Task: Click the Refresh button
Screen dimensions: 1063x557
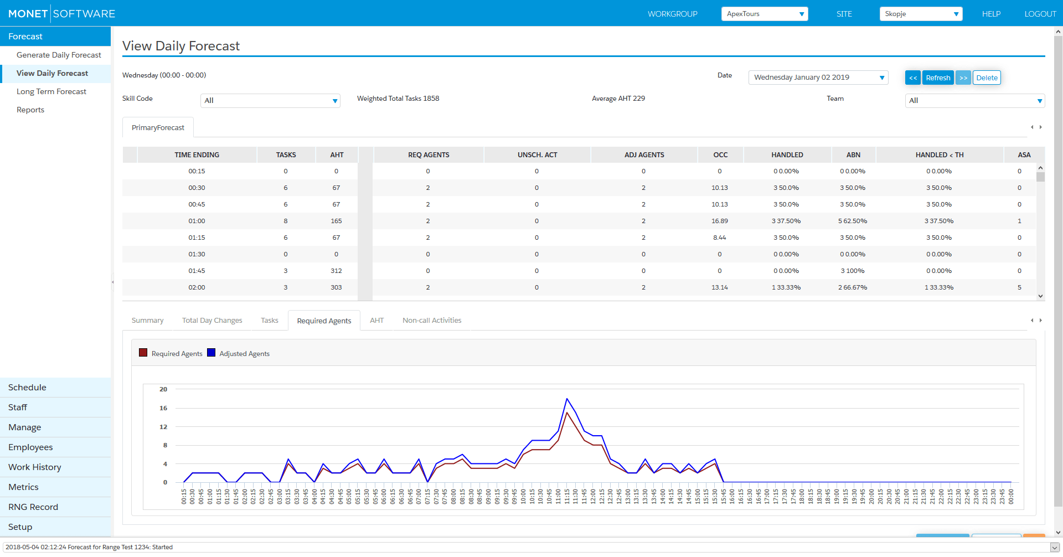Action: click(x=938, y=78)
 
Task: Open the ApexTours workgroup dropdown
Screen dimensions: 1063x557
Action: click(x=765, y=14)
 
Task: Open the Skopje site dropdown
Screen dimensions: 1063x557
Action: click(x=921, y=14)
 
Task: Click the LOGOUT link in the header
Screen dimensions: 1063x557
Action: click(x=1040, y=14)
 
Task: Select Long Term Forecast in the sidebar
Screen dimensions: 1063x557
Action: click(x=51, y=91)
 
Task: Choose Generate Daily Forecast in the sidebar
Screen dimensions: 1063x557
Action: click(x=59, y=55)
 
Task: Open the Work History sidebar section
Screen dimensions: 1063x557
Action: click(x=35, y=467)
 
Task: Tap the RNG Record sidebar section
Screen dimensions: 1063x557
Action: click(x=33, y=507)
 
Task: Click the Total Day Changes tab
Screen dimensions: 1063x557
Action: click(x=212, y=320)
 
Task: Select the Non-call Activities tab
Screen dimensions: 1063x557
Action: click(x=432, y=320)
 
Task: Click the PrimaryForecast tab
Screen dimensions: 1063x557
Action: click(x=158, y=127)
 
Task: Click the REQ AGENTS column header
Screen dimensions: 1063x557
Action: click(x=429, y=155)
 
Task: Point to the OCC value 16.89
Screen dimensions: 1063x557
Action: click(x=720, y=221)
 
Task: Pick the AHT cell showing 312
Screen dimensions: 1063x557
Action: click(x=336, y=271)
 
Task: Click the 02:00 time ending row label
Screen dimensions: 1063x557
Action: click(x=197, y=287)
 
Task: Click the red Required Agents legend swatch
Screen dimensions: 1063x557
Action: click(x=143, y=353)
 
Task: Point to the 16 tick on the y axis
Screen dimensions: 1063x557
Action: click(x=163, y=408)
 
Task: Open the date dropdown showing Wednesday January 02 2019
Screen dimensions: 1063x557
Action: click(x=818, y=78)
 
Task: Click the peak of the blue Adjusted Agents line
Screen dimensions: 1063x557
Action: click(x=567, y=399)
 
